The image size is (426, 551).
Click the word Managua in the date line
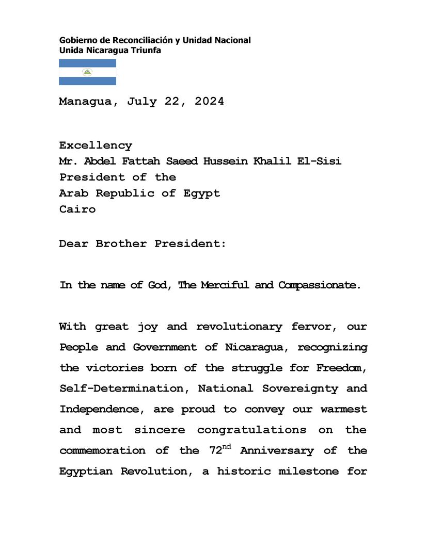click(x=85, y=102)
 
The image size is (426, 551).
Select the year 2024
click(x=209, y=102)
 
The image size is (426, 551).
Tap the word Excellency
click(x=96, y=146)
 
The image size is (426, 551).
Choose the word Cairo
click(x=77, y=209)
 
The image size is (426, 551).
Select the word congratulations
click(x=251, y=430)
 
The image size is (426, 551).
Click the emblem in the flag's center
click(x=87, y=72)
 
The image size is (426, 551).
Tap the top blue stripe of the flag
click(x=87, y=63)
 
